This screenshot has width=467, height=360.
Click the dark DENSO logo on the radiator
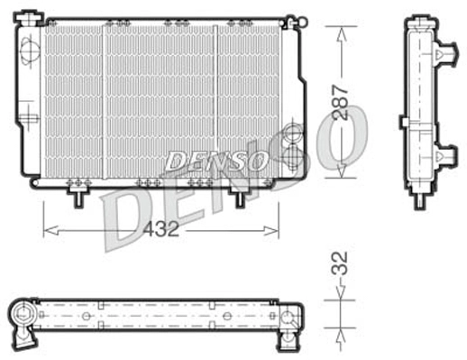coord(215,162)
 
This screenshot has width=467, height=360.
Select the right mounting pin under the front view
coord(241,195)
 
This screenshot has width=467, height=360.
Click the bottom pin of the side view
coord(419,199)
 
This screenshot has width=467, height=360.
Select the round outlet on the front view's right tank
coord(290,137)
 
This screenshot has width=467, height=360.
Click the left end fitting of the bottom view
coord(23,317)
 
